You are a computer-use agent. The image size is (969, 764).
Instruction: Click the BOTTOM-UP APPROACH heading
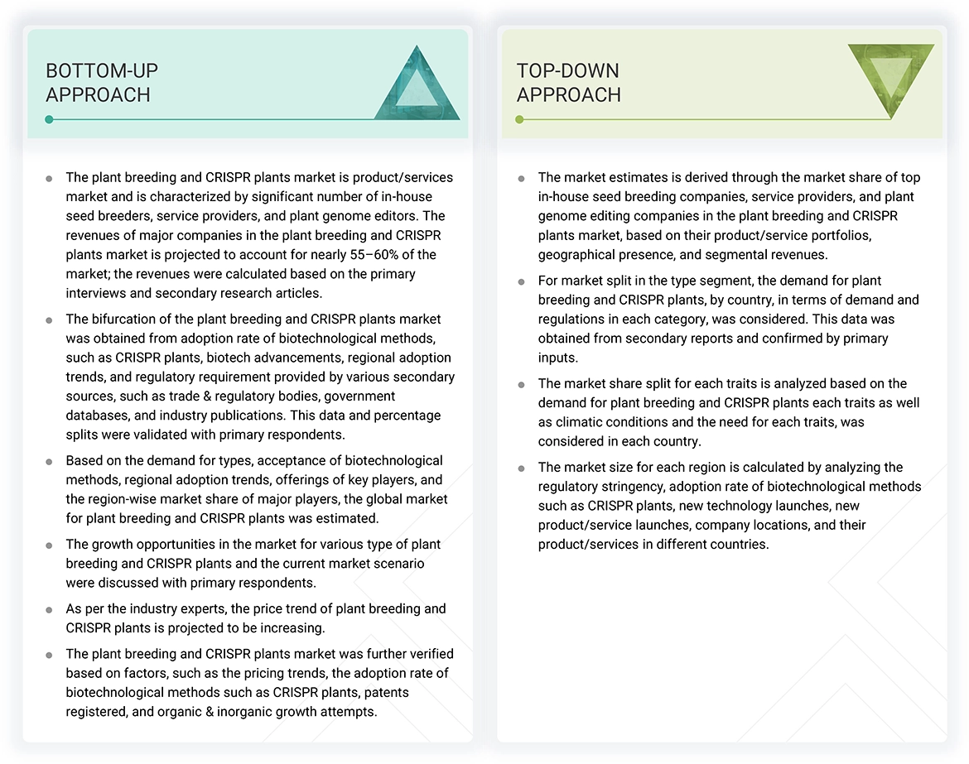pos(102,83)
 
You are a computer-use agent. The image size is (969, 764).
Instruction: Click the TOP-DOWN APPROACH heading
pos(568,83)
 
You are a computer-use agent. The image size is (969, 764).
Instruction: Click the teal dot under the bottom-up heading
pos(50,119)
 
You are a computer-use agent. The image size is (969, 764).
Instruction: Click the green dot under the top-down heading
pos(519,119)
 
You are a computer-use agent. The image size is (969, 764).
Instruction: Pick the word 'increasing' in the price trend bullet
pos(289,628)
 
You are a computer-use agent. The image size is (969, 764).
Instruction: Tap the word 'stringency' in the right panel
pos(634,486)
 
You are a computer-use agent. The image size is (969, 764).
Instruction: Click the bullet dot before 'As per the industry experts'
pos(50,609)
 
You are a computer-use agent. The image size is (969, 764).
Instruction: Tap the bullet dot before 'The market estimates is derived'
pos(521,178)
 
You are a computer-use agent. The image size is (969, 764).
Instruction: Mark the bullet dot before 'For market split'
pos(521,281)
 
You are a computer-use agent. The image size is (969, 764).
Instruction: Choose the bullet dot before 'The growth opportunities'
pos(50,545)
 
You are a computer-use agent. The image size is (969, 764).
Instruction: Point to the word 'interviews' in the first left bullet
pos(98,292)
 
